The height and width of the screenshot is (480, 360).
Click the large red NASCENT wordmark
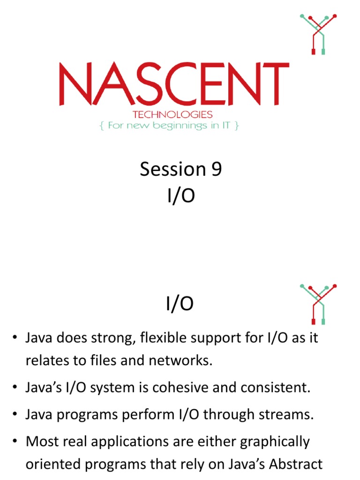click(173, 84)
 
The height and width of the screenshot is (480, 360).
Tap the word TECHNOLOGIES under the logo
click(172, 114)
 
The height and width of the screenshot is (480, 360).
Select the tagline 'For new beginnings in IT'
click(169, 126)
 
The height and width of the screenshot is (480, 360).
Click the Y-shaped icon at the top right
click(318, 34)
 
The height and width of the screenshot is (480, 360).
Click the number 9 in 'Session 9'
click(216, 169)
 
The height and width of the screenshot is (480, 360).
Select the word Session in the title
click(173, 169)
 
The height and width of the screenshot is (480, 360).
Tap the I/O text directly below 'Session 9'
click(180, 197)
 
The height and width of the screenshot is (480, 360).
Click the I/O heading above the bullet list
click(180, 305)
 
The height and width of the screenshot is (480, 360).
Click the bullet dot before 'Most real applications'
click(16, 442)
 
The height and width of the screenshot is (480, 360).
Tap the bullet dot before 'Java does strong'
click(16, 338)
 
